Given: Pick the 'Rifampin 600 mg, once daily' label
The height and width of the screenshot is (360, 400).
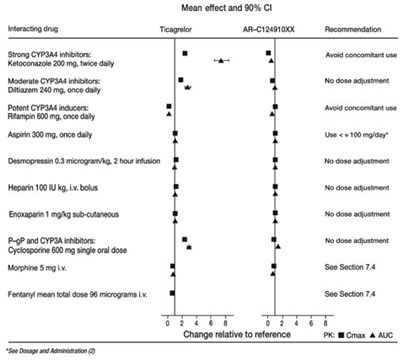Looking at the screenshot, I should (51, 114).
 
